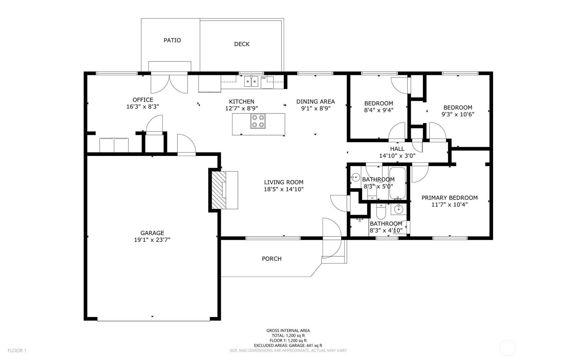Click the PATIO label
tap(172, 40)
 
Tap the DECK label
tap(242, 44)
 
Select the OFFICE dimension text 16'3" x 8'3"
tap(143, 107)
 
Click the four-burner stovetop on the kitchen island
tap(258, 121)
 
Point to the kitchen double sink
tap(251, 81)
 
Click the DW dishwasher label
tap(263, 78)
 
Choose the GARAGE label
tap(152, 233)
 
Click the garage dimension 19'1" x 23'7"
tap(152, 240)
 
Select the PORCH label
tap(272, 259)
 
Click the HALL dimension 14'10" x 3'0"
tap(397, 156)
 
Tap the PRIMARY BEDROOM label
tap(449, 198)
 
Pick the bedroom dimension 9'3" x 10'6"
tap(458, 115)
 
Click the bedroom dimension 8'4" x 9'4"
tap(379, 110)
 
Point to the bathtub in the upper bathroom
tap(397, 183)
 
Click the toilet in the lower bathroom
tap(381, 212)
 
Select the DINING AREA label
tap(315, 102)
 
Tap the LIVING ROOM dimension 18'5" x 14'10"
tap(283, 189)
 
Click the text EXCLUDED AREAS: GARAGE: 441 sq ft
tap(288, 346)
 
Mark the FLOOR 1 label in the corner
tap(17, 351)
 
